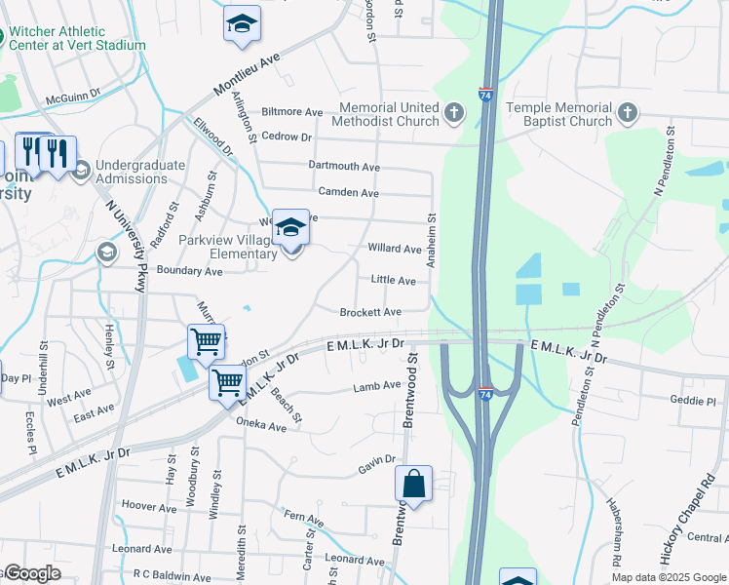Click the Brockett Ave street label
tap(370, 312)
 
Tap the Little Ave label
tap(394, 280)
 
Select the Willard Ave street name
tap(394, 249)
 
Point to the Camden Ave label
tap(349, 193)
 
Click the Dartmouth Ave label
tap(343, 167)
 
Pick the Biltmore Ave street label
tap(291, 112)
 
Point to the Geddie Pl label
tap(693, 400)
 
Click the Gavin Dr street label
tap(377, 465)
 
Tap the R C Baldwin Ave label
tap(174, 573)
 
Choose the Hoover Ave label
tap(149, 507)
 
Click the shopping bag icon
tap(413, 482)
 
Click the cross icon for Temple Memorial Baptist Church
tap(627, 114)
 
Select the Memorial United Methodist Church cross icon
tap(453, 114)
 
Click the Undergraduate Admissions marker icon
tap(80, 171)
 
